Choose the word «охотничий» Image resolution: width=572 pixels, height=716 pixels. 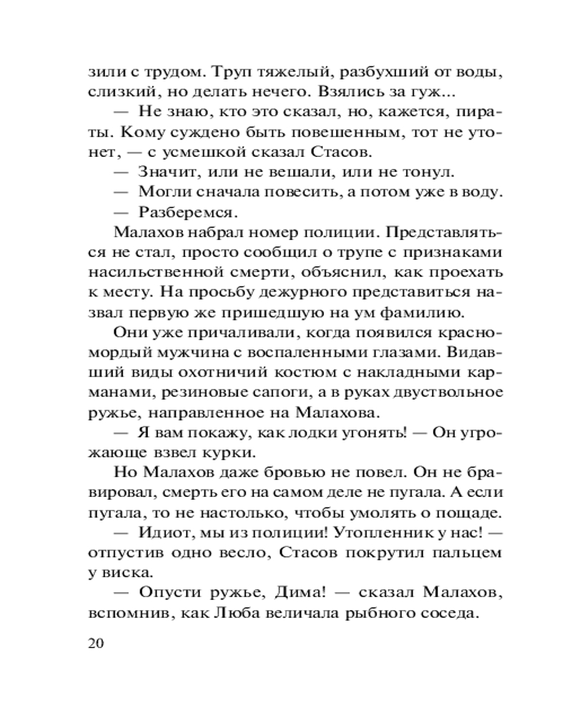click(x=220, y=373)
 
